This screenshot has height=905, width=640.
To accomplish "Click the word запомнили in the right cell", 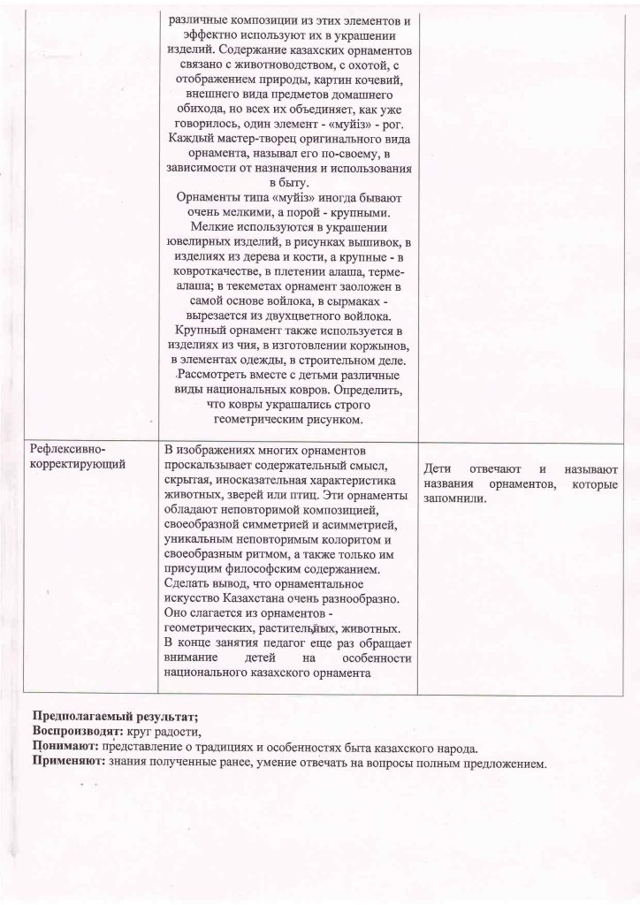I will tap(455, 498).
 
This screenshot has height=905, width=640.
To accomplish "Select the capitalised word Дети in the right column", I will tap(440, 468).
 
